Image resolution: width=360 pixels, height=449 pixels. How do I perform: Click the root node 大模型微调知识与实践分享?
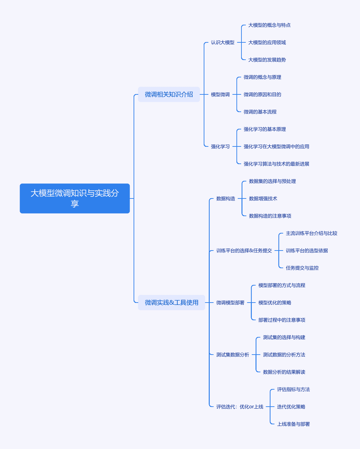(74, 198)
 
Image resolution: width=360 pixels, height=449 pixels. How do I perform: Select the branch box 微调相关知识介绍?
(169, 94)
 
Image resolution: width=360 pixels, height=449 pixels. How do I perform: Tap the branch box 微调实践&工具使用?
(172, 302)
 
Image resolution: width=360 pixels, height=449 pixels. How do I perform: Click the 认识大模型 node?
(222, 42)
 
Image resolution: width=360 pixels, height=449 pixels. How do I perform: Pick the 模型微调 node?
(220, 94)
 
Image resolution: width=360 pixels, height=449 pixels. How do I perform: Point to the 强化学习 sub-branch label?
(220, 146)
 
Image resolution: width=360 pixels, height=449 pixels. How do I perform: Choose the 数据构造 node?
(226, 198)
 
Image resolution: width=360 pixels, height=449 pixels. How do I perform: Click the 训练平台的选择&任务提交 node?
(244, 251)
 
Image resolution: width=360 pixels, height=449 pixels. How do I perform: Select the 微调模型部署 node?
(230, 303)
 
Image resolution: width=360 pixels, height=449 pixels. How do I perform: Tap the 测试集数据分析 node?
(232, 355)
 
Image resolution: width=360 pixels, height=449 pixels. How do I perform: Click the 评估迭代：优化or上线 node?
(240, 407)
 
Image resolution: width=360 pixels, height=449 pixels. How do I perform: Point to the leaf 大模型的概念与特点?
(269, 25)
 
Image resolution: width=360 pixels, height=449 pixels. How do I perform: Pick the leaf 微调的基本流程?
(260, 112)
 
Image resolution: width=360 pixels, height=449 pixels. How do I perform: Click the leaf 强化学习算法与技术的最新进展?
(276, 164)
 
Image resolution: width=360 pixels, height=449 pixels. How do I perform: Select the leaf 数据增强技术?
(263, 198)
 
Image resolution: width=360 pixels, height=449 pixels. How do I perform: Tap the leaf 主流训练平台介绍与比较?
(312, 233)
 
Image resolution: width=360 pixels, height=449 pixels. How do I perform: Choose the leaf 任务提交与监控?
(302, 268)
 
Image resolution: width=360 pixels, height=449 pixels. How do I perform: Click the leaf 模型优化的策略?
(275, 303)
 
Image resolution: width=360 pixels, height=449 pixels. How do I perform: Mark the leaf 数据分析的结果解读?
(284, 372)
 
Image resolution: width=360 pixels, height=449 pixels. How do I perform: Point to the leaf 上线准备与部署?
(293, 424)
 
